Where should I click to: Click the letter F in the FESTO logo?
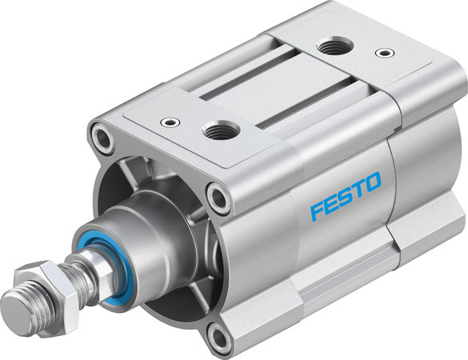pyautogui.click(x=317, y=211)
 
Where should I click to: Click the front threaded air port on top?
pyautogui.click(x=220, y=129)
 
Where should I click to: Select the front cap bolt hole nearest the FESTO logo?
pyautogui.click(x=217, y=196)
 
